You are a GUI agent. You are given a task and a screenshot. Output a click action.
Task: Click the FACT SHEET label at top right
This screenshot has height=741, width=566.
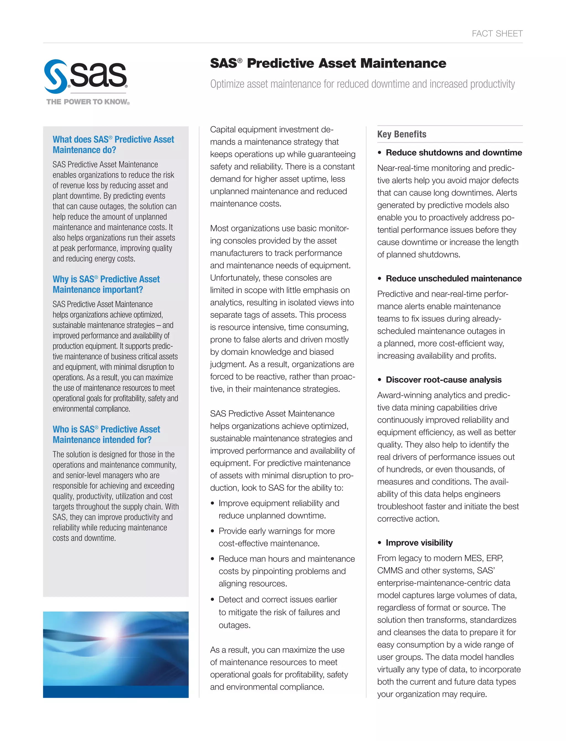[497, 34]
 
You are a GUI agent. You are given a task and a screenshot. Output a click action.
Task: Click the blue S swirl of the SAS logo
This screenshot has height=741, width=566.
[56, 77]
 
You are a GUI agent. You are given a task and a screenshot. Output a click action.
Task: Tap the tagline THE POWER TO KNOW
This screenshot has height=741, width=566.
[88, 102]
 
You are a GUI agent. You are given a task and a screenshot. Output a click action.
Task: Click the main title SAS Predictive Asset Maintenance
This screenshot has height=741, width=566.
[328, 63]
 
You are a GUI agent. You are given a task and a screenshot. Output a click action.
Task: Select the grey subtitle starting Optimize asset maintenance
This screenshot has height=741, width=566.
[362, 84]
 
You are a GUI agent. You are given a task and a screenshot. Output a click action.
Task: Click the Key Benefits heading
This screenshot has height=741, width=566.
[402, 134]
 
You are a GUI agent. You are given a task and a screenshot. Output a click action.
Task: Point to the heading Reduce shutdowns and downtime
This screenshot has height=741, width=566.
[454, 153]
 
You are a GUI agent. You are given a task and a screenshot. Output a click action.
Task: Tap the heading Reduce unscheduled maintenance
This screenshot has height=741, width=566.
[454, 278]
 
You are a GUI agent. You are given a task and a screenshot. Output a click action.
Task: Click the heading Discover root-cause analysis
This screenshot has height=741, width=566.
[443, 380]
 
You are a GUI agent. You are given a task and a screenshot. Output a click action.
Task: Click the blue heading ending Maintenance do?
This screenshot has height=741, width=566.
[113, 144]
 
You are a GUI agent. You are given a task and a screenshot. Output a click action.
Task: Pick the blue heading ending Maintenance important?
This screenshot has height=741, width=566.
[106, 284]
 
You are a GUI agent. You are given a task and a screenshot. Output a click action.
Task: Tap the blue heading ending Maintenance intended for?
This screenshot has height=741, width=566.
[106, 435]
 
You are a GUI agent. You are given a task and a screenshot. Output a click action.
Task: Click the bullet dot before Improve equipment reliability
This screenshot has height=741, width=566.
[212, 504]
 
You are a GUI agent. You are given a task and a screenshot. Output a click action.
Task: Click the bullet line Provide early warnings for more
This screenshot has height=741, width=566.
[276, 531]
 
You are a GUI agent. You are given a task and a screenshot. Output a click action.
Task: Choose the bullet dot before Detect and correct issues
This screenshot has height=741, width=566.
[212, 600]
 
